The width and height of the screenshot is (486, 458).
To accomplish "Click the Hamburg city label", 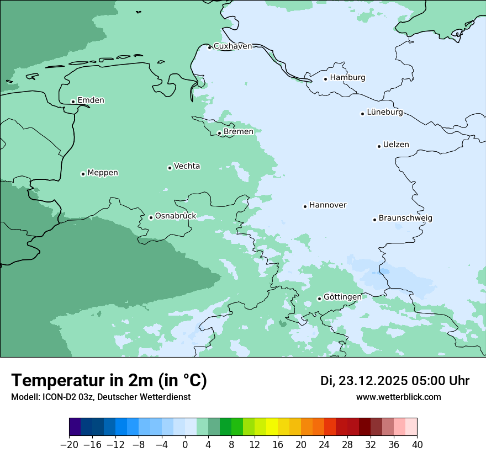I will coord(347,78).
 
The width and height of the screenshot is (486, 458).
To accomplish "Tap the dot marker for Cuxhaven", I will coord(209,47).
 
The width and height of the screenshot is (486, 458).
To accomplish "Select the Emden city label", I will coord(91,100).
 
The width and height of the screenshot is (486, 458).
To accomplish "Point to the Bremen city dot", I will coord(219,133).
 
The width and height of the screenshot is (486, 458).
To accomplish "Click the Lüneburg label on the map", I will coord(384,113).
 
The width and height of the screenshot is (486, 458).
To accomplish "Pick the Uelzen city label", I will coord(396,145).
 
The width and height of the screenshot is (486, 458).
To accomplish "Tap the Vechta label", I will coord(187,166).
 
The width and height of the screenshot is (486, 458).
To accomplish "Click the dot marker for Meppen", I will coord(83,174).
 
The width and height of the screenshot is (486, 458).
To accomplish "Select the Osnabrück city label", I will coord(176,216).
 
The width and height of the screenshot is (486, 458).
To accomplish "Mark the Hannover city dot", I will coord(305,206).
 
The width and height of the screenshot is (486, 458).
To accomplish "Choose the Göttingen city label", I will coord(342,297).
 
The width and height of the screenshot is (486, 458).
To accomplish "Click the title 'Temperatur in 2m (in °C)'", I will coord(109,381).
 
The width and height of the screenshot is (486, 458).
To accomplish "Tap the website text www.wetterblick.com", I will coord(398,397).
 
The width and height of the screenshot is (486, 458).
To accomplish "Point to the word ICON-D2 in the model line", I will coord(57,397).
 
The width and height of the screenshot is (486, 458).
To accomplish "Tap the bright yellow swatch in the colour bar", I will coord(272,427).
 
